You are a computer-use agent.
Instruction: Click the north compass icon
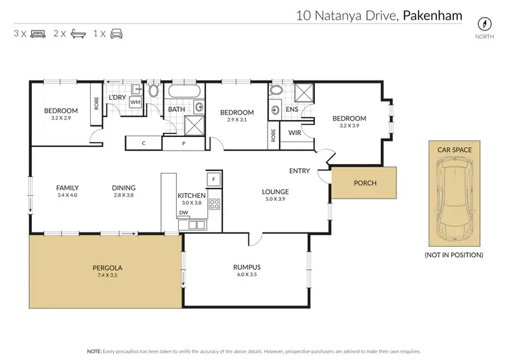coord(484,22)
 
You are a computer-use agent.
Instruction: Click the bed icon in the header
coord(38,33)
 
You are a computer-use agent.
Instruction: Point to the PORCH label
coord(365,183)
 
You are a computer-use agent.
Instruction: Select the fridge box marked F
coord(213,179)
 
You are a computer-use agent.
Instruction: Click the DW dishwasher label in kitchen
coord(183,213)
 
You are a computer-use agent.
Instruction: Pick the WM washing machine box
coord(135,102)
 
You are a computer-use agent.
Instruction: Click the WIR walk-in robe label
coord(295,132)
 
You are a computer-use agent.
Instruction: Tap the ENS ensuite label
coord(292,108)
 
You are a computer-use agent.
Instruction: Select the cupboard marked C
coord(144,142)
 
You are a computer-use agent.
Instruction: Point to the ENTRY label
coord(299,171)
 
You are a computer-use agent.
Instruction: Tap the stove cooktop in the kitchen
coord(214,203)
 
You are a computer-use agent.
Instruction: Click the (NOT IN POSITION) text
coord(454,255)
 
